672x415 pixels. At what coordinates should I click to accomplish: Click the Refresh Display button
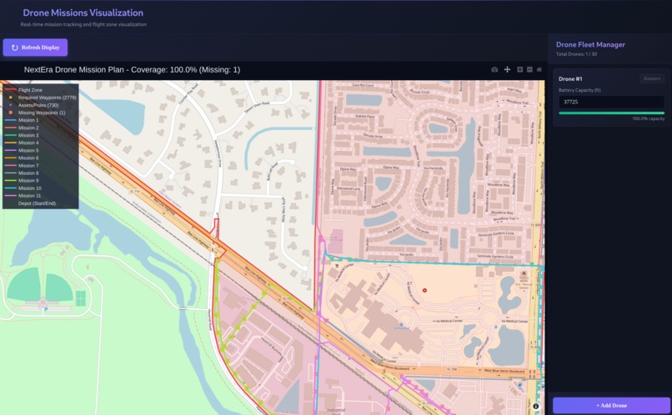(x=35, y=47)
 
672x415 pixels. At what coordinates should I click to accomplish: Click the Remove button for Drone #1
(x=651, y=78)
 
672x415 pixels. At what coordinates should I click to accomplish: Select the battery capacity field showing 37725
(x=611, y=102)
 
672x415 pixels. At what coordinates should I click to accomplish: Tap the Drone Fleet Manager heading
(x=590, y=44)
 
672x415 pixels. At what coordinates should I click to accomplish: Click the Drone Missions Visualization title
(x=83, y=13)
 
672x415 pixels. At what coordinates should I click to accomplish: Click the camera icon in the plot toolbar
(x=494, y=70)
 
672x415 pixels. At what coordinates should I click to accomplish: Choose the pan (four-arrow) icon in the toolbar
(x=507, y=70)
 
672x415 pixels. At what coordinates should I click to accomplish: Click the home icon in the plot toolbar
(x=539, y=70)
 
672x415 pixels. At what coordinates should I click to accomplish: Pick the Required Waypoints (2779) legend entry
(x=47, y=97)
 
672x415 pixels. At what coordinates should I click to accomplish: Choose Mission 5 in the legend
(x=28, y=150)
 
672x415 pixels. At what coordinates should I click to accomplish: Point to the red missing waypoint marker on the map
(x=424, y=290)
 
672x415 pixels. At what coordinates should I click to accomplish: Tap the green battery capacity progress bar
(x=611, y=112)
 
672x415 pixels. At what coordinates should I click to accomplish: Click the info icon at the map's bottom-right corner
(x=536, y=406)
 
